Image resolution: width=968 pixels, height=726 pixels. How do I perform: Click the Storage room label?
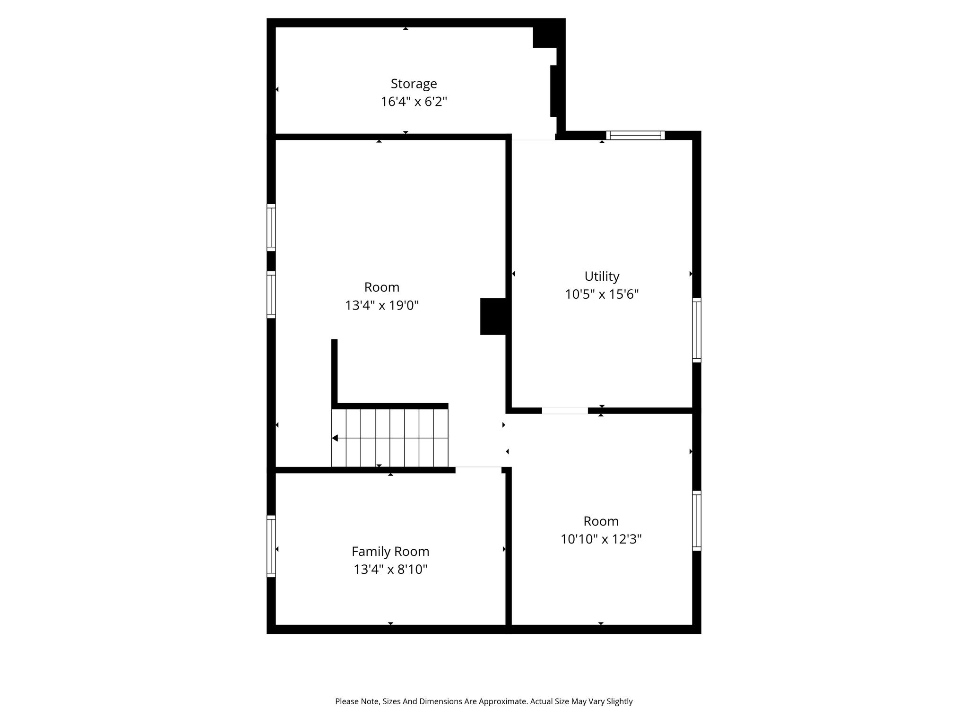(414, 84)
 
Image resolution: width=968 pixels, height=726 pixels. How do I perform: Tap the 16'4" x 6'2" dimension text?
(414, 102)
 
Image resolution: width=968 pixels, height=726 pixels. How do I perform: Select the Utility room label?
(602, 277)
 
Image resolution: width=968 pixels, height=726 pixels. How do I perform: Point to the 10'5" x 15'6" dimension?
(602, 294)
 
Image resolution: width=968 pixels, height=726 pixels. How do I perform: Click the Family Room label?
(390, 552)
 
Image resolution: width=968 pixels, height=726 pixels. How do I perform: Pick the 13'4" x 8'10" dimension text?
(390, 570)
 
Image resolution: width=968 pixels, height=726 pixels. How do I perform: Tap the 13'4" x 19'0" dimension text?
(382, 305)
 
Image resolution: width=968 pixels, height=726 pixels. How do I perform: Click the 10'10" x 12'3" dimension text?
(601, 539)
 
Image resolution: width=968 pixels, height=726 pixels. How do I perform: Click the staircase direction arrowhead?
(335, 438)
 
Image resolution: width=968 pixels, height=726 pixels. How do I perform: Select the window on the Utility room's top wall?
(635, 135)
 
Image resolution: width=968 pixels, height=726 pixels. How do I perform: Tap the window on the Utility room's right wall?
(697, 330)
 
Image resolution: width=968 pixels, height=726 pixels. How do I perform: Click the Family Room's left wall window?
(271, 546)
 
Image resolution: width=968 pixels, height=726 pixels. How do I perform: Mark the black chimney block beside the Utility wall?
(493, 316)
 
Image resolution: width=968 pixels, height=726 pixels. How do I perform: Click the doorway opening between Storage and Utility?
(533, 137)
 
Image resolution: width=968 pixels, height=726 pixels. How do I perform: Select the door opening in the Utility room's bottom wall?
(565, 411)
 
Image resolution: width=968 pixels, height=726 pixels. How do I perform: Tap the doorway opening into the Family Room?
(478, 470)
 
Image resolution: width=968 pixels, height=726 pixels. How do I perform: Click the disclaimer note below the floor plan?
(484, 701)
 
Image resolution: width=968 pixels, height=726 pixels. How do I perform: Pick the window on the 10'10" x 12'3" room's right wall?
(697, 520)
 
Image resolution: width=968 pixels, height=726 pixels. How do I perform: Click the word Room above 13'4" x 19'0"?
(382, 287)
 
